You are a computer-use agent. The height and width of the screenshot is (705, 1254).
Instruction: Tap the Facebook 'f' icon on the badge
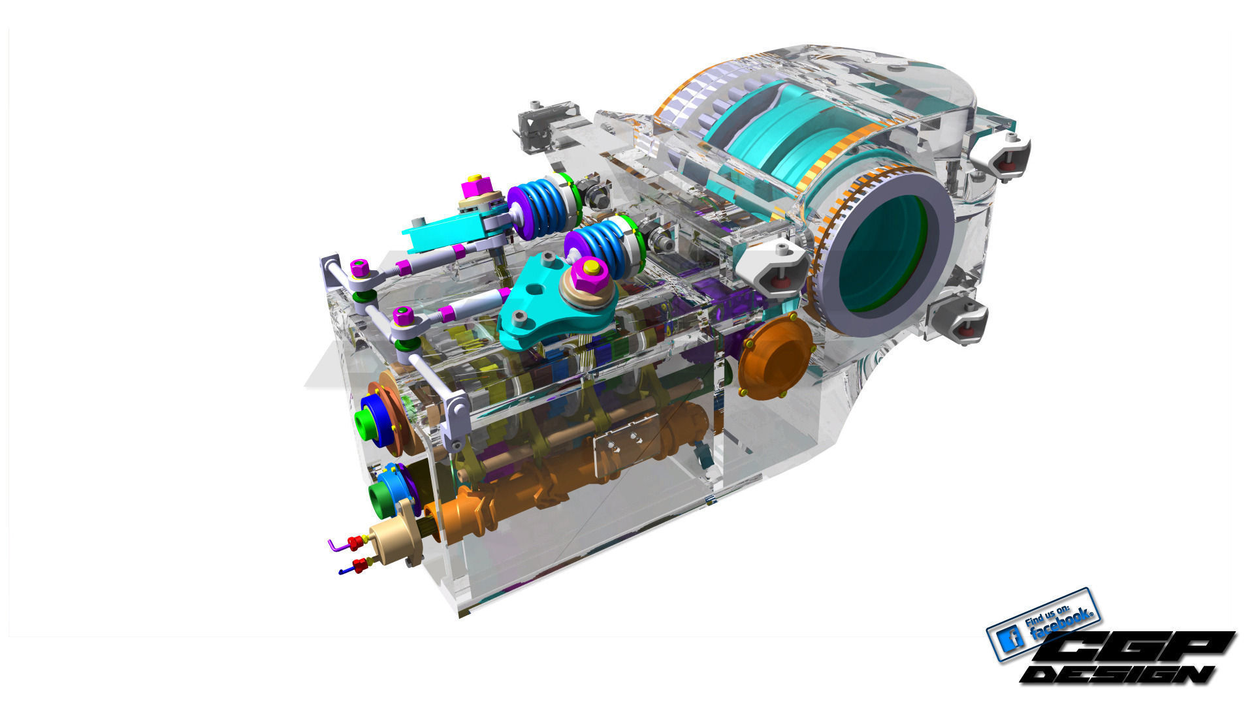(x=1012, y=637)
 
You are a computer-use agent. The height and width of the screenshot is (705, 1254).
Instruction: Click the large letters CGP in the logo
(x=1136, y=648)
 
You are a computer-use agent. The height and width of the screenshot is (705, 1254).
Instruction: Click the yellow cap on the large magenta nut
(x=591, y=266)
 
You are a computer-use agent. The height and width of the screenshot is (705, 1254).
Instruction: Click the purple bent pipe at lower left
(x=336, y=544)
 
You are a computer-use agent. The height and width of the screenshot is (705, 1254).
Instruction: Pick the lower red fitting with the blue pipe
(x=359, y=565)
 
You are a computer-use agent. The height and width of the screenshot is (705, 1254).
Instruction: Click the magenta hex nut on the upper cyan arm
(x=475, y=187)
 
